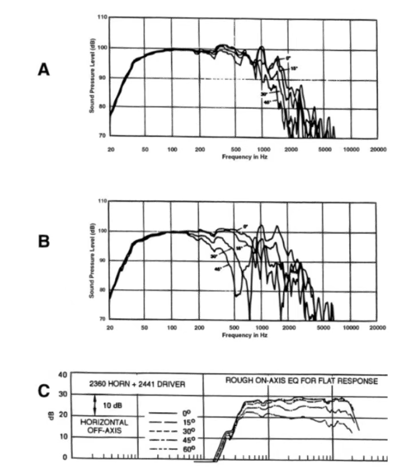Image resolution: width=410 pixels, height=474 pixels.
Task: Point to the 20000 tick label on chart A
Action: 378,149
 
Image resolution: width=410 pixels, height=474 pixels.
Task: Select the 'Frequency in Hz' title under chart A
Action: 244,157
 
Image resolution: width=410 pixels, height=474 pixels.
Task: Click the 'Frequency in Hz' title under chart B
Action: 244,335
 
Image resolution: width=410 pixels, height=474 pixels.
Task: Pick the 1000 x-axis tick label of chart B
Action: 264,327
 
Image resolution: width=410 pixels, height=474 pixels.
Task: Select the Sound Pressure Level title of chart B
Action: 93,260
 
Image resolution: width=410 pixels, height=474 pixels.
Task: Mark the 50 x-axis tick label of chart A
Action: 145,149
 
